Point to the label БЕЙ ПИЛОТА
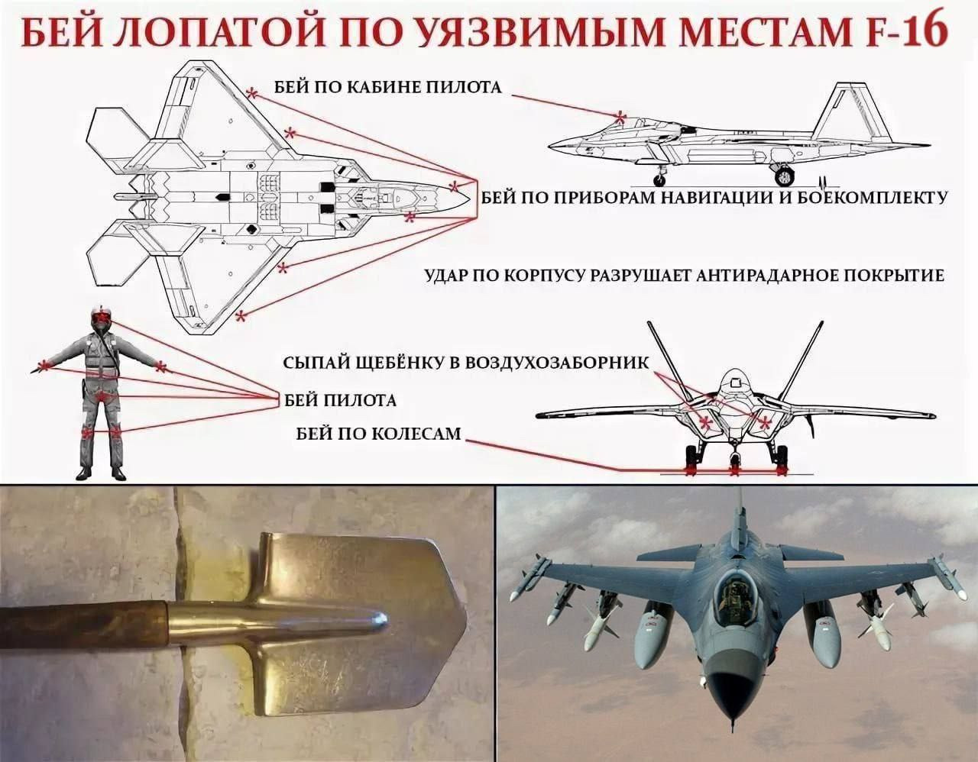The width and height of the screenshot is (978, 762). (340, 399)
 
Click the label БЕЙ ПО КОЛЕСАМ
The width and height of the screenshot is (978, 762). (378, 434)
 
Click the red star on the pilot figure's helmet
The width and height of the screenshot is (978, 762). (100, 316)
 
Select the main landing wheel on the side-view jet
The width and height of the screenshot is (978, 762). (785, 176)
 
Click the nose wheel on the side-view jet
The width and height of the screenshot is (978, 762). (659, 180)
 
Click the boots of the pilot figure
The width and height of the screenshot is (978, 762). (100, 474)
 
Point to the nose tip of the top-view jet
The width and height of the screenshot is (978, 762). (468, 196)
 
